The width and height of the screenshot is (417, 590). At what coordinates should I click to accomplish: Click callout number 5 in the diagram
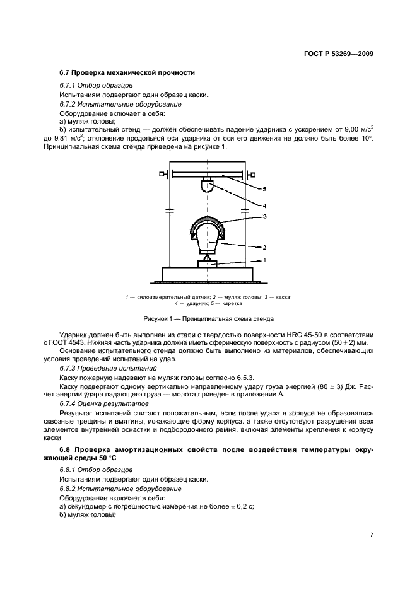point(265,188)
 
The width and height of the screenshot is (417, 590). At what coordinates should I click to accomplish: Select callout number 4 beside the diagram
point(265,205)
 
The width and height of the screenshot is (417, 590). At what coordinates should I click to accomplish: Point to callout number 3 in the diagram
point(265,216)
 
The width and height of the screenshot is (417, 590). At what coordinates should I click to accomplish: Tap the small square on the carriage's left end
point(162,174)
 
